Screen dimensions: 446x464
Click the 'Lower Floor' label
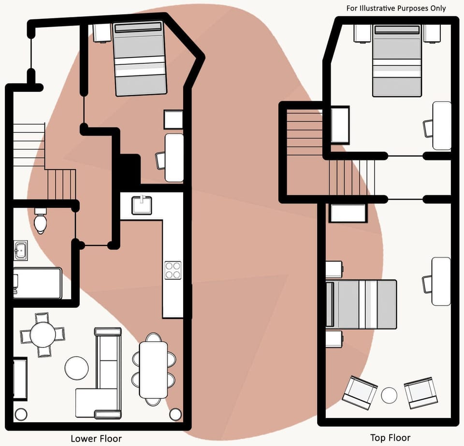pyautogui.click(x=96, y=439)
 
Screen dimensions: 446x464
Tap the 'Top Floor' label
pyautogui.click(x=391, y=438)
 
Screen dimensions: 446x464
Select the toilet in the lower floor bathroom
pyautogui.click(x=41, y=221)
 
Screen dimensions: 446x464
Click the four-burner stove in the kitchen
pyautogui.click(x=173, y=271)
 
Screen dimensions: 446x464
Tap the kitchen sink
pyautogui.click(x=142, y=204)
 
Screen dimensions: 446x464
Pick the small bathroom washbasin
pyautogui.click(x=20, y=250)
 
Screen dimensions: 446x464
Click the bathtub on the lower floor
pyautogui.click(x=37, y=283)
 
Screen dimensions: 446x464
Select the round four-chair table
pyautogui.click(x=43, y=334)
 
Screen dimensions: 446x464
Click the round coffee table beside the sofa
pyautogui.click(x=76, y=368)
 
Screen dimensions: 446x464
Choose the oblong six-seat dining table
pyautogui.click(x=153, y=370)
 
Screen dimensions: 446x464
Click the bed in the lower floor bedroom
pyautogui.click(x=140, y=58)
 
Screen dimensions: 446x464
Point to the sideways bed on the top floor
pyautogui.click(x=362, y=304)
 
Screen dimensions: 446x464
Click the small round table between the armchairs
pyautogui.click(x=389, y=395)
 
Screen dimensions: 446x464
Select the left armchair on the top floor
pyautogui.click(x=360, y=390)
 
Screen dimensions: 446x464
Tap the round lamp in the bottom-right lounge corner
pyautogui.click(x=175, y=414)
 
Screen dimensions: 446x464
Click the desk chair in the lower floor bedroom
pyautogui.click(x=160, y=160)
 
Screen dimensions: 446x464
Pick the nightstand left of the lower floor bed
pyautogui.click(x=102, y=32)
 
